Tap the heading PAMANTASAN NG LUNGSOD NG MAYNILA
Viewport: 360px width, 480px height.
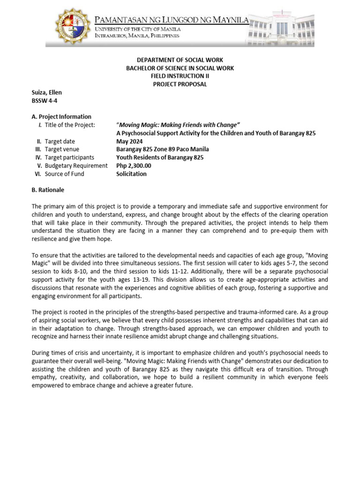tap(171, 20)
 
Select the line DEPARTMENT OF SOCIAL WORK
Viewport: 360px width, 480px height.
tap(180, 60)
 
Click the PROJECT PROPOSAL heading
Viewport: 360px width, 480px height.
tap(180, 84)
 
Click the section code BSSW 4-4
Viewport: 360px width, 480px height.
tap(45, 100)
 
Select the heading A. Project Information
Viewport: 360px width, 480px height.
tap(61, 117)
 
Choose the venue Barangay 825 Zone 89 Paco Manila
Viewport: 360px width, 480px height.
tap(163, 149)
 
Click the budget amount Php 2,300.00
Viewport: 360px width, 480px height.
tap(134, 165)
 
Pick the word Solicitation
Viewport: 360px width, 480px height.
tap(131, 173)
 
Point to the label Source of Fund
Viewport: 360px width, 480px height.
tap(65, 173)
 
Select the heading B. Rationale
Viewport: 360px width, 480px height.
tap(48, 190)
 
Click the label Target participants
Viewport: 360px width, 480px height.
tap(69, 157)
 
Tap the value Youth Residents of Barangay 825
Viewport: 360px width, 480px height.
tap(160, 157)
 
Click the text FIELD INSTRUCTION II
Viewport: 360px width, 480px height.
tap(180, 76)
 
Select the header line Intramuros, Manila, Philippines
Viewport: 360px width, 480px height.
tap(137, 36)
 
